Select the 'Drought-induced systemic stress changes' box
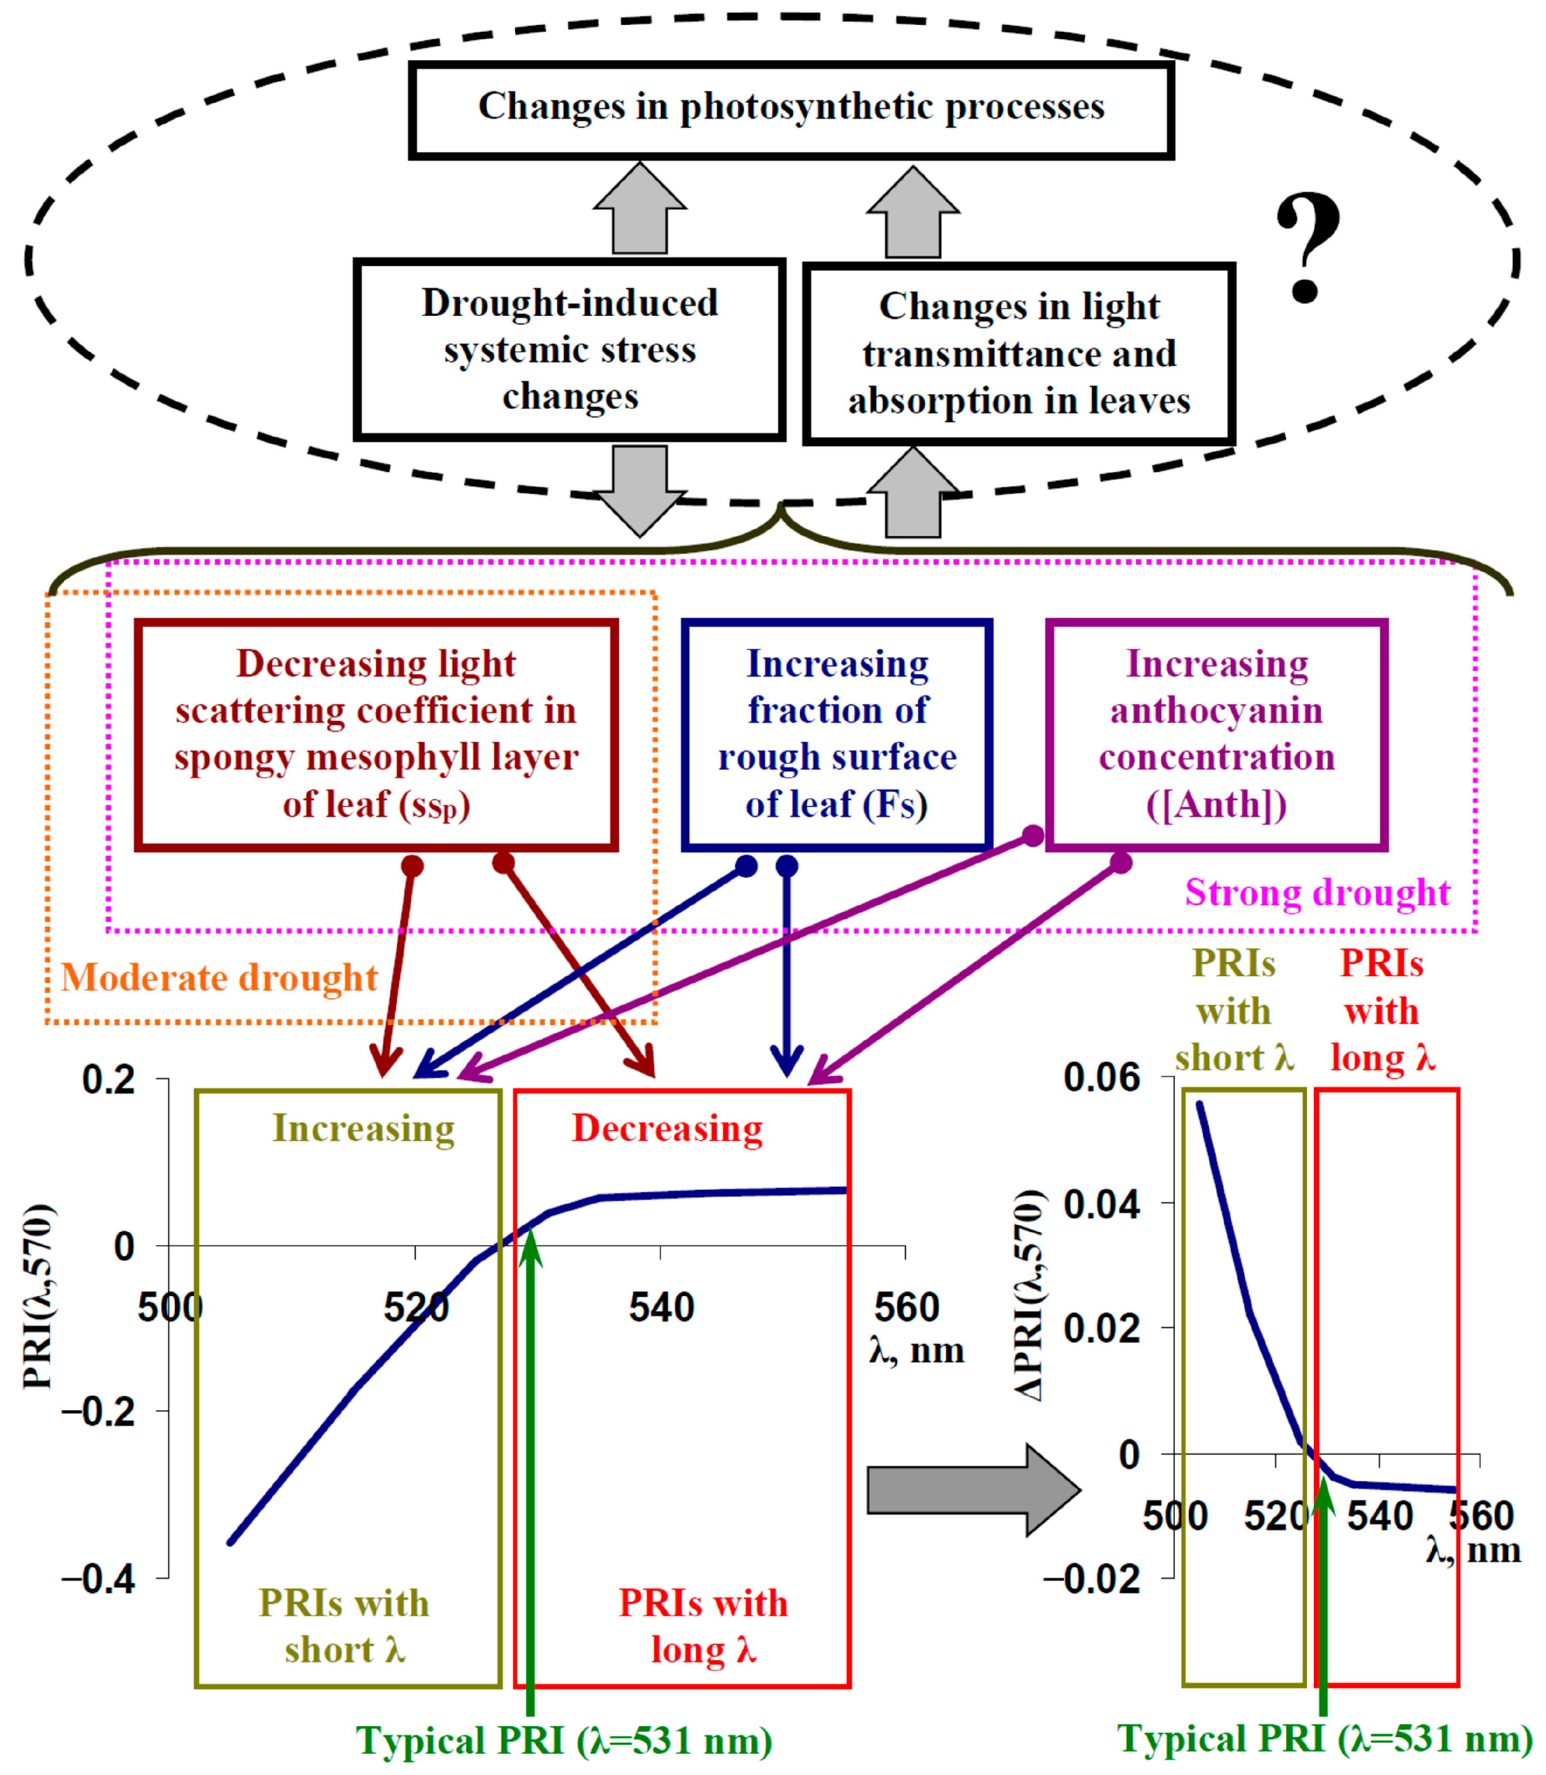(x=569, y=349)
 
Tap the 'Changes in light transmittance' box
(x=1019, y=354)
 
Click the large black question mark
(x=1307, y=247)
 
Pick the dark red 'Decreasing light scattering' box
(x=376, y=734)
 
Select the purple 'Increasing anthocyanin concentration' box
(x=1217, y=734)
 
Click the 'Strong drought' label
(x=1316, y=893)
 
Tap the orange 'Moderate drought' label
(x=219, y=978)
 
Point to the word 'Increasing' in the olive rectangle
(x=363, y=1128)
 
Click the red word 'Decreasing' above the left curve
(x=667, y=1128)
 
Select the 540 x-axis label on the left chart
(x=661, y=1308)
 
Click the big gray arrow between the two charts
(x=973, y=1490)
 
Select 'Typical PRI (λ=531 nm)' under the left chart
(x=564, y=1741)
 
